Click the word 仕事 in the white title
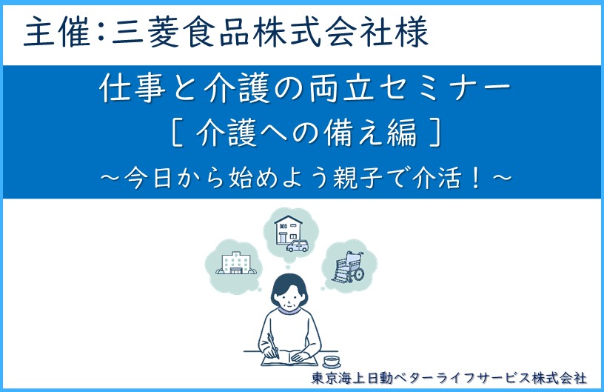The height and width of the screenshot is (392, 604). [x=132, y=88]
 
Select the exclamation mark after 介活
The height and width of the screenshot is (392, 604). [x=477, y=179]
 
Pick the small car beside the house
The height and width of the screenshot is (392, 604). [x=298, y=246]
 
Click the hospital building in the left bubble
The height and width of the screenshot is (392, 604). [x=235, y=263]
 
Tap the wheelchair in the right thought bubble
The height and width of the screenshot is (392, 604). [x=348, y=267]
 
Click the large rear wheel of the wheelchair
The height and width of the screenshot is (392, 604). [x=357, y=273]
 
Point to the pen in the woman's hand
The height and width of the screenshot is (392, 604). [x=273, y=345]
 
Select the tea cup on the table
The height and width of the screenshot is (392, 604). [x=332, y=361]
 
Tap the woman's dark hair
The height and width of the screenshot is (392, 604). [x=289, y=288]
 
